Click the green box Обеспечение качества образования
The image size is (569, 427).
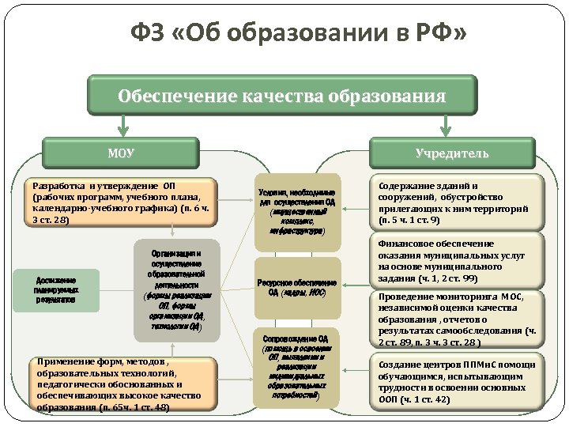[282, 96]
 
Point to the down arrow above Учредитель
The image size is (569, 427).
[447, 124]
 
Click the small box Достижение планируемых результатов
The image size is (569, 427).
[56, 290]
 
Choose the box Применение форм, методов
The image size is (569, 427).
[122, 384]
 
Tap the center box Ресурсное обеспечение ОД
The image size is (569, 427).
[297, 287]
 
